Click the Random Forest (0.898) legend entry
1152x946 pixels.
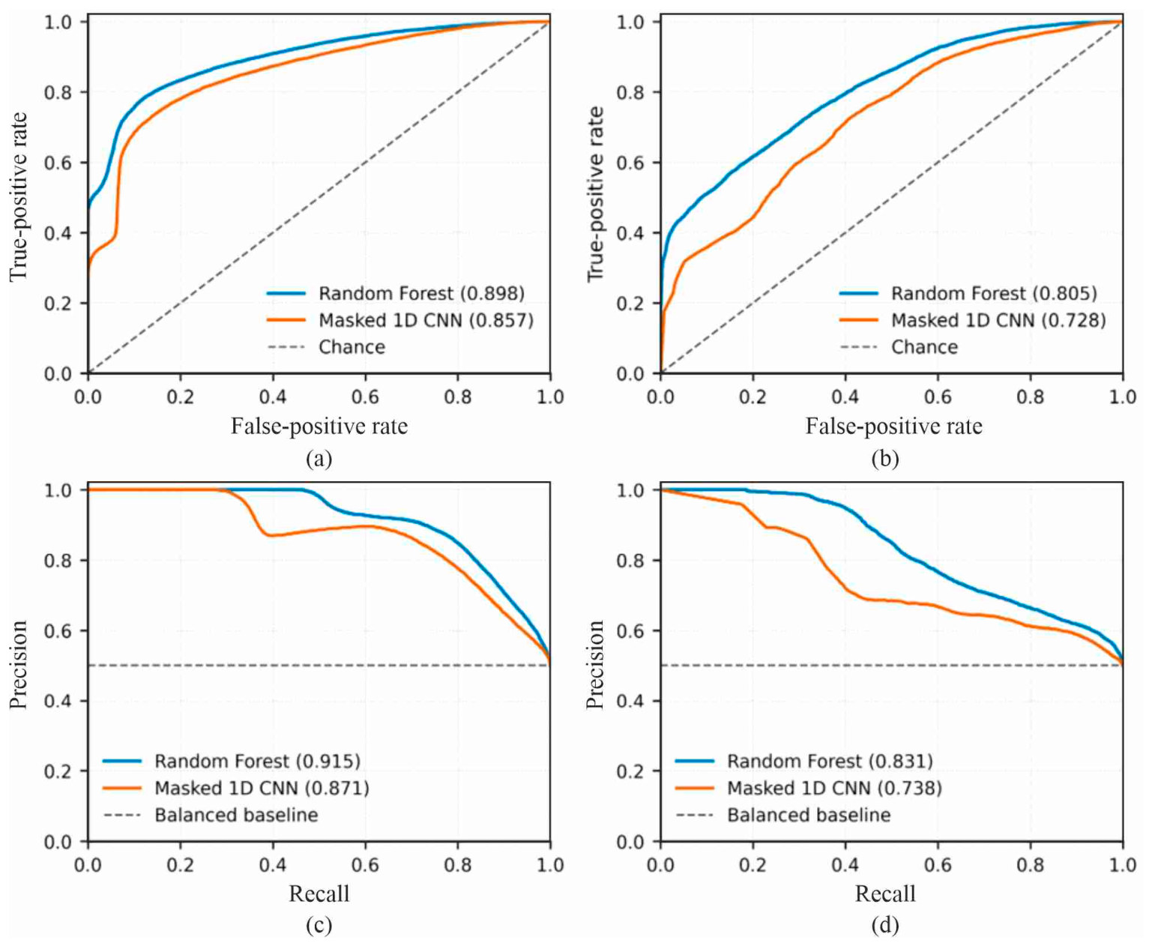click(x=395, y=294)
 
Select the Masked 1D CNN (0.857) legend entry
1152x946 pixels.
click(x=399, y=321)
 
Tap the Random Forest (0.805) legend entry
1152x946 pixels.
click(x=968, y=294)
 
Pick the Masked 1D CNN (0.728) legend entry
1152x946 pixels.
click(x=972, y=321)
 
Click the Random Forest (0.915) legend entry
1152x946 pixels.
click(x=231, y=762)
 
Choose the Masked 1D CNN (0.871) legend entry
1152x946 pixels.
click(x=235, y=788)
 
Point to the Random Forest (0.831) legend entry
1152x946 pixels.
click(x=803, y=762)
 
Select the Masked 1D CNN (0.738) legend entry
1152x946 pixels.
click(x=809, y=788)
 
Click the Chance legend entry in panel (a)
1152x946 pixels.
click(x=326, y=347)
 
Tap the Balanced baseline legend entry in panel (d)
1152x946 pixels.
click(x=782, y=815)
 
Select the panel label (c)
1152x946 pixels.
click(x=319, y=925)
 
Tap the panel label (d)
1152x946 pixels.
click(x=885, y=925)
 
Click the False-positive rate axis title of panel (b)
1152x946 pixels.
click(x=893, y=426)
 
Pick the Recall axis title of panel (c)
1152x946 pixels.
click(x=319, y=894)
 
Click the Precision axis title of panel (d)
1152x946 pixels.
click(x=594, y=665)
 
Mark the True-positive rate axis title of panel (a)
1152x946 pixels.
click(x=19, y=196)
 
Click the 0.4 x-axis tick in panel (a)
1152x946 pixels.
click(x=273, y=397)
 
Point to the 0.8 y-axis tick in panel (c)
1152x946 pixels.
click(x=58, y=561)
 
